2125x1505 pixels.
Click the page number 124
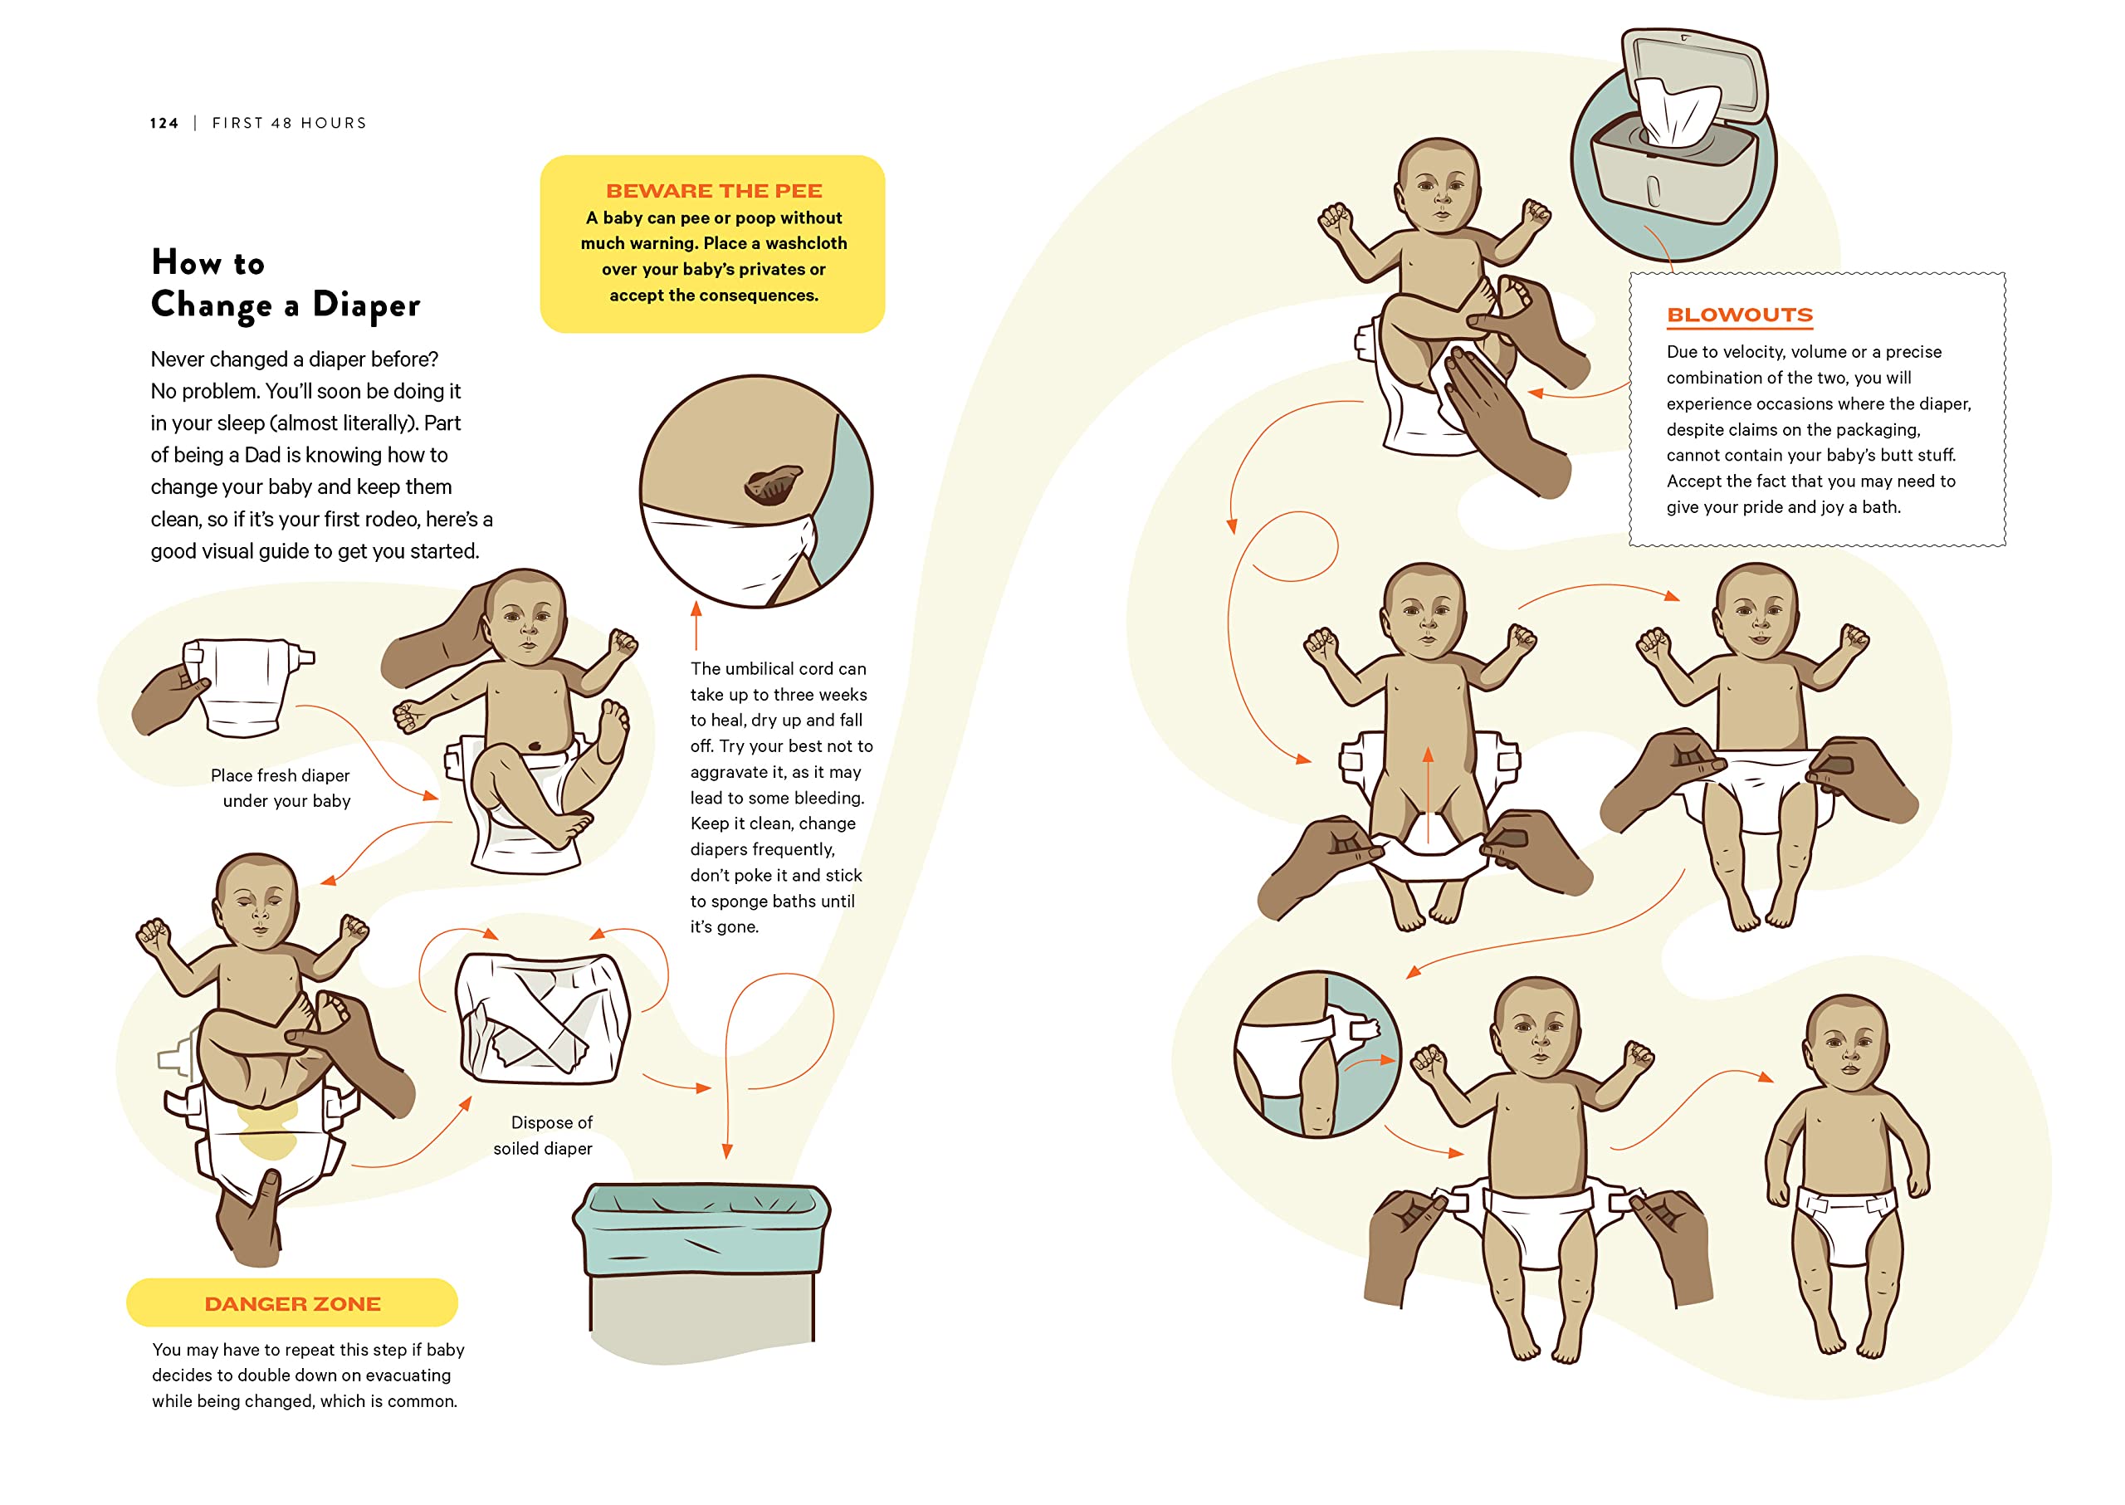[x=164, y=123]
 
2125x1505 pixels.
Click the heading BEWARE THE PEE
[x=714, y=191]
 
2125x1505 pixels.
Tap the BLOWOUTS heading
[x=1740, y=315]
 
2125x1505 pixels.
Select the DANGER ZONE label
[x=292, y=1304]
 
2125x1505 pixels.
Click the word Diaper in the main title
[x=366, y=305]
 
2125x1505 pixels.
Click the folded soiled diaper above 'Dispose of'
[x=542, y=1018]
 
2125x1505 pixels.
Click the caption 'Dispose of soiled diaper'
[x=544, y=1136]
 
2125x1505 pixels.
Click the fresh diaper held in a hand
[x=246, y=687]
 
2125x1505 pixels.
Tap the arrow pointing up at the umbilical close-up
[x=696, y=626]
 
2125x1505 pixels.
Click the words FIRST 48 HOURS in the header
[x=289, y=123]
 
